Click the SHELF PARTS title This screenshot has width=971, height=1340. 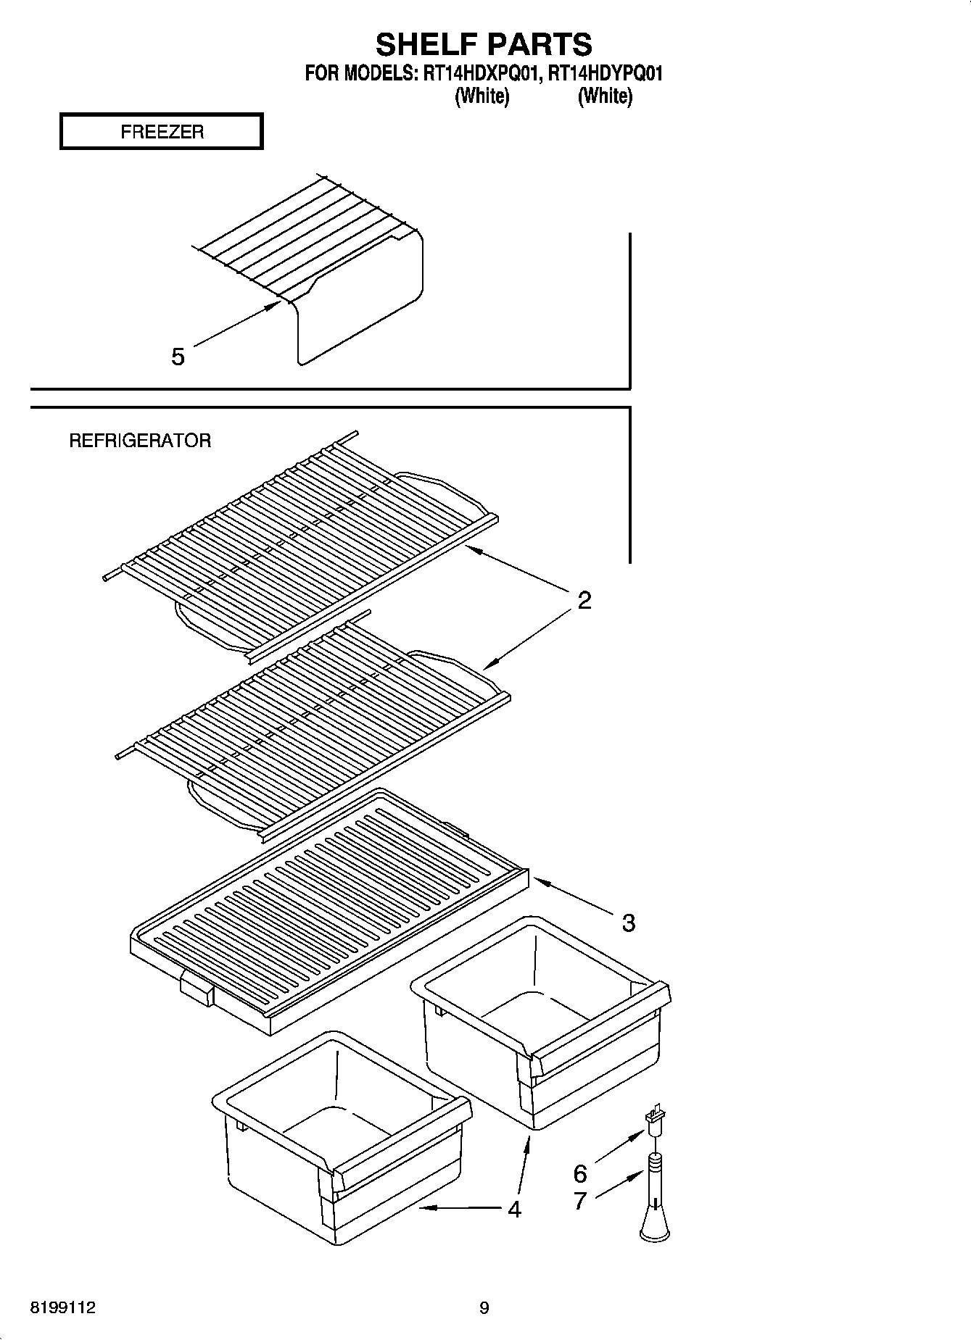pos(484,44)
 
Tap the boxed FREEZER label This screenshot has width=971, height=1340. pos(161,132)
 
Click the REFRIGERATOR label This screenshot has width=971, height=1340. pos(140,441)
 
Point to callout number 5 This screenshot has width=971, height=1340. pos(178,357)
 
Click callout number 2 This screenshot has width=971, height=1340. pos(584,600)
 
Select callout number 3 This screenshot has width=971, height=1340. pos(628,923)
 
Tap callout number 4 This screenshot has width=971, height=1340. pos(514,1209)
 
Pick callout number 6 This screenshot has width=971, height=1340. pos(580,1173)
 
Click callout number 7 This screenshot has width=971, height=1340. pos(580,1201)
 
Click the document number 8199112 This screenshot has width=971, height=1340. pos(62,1308)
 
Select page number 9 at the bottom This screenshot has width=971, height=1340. pos(484,1308)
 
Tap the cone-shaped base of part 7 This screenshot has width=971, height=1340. pos(655,1227)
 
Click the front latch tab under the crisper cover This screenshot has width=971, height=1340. pos(197,989)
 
